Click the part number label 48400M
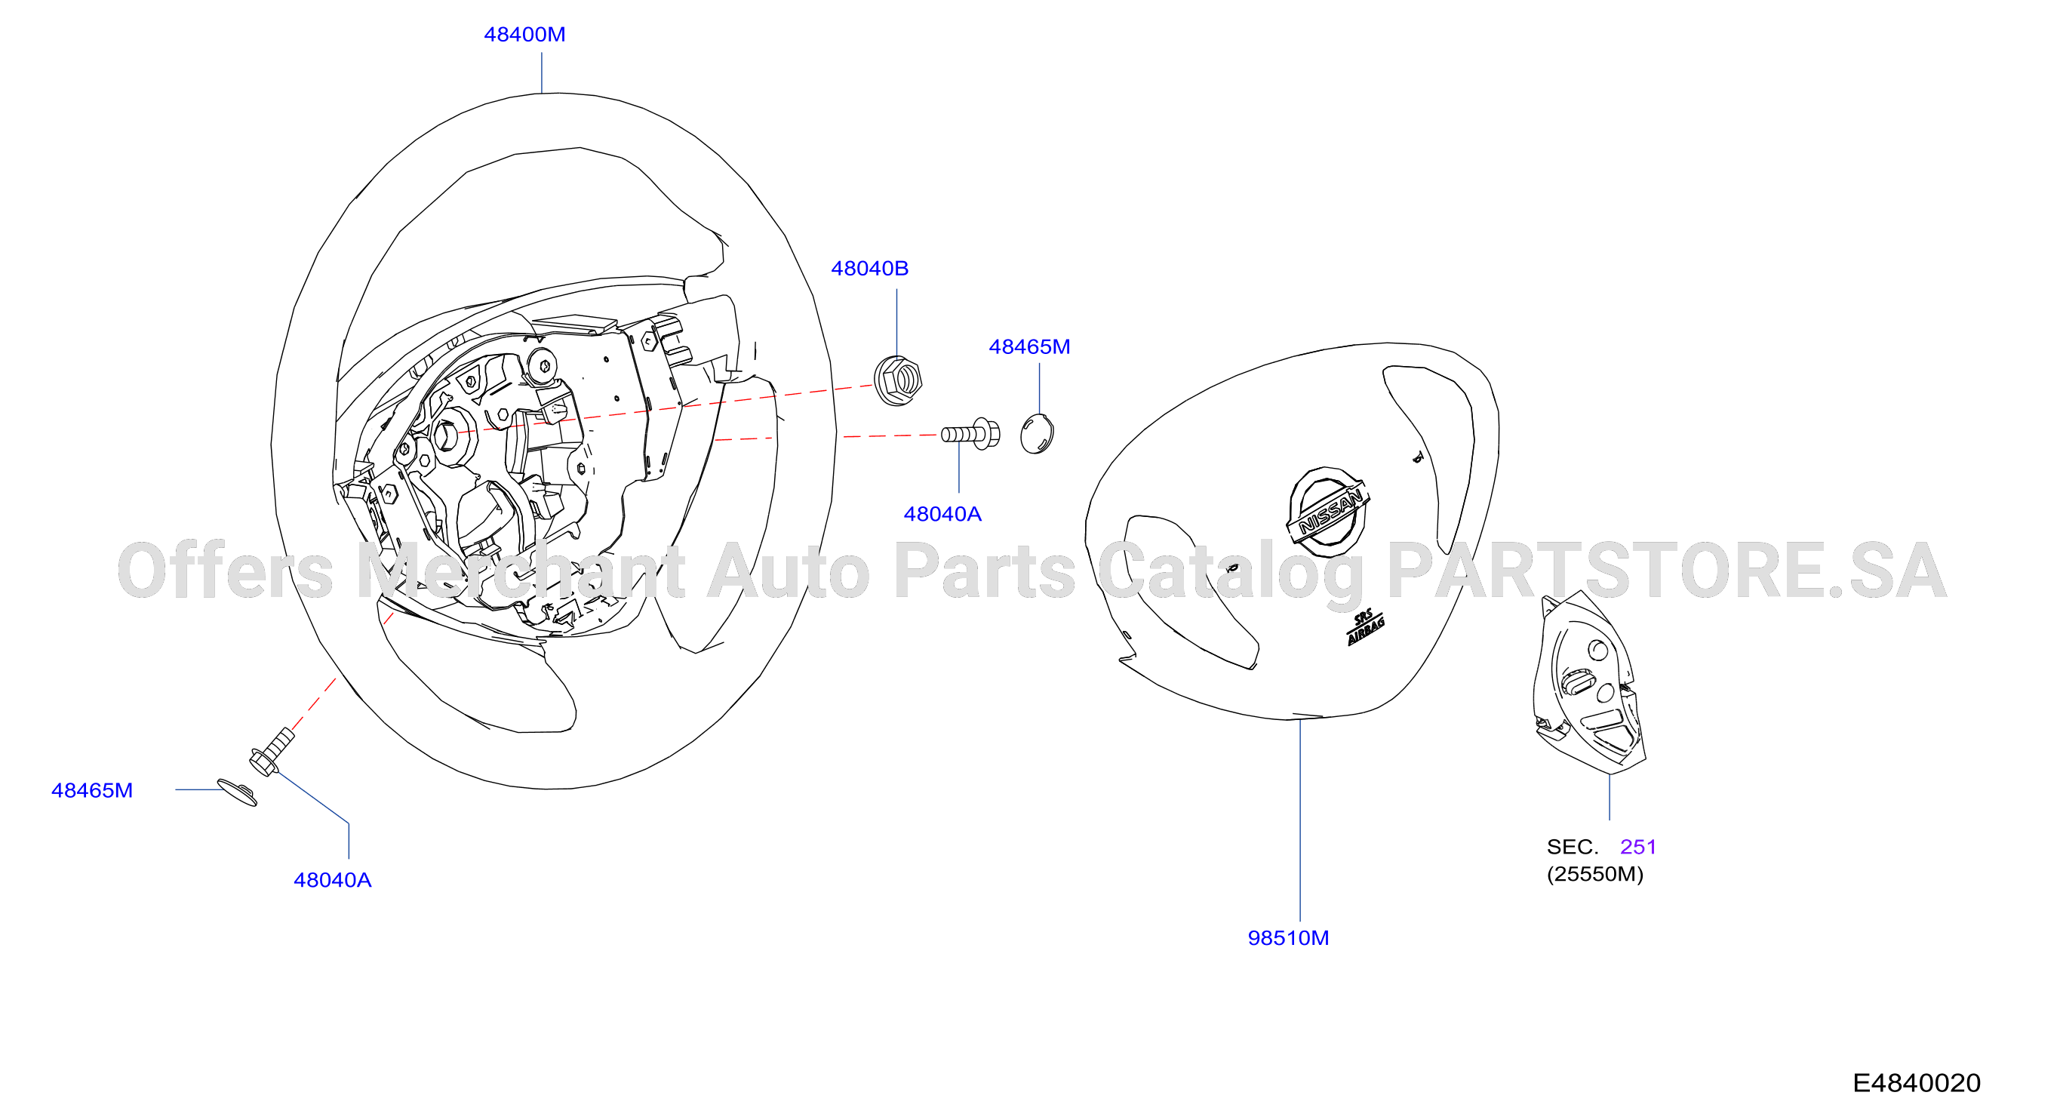pyautogui.click(x=524, y=35)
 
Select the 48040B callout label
pyautogui.click(x=869, y=268)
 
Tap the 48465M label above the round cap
pyautogui.click(x=1029, y=346)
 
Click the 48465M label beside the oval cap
pyautogui.click(x=92, y=790)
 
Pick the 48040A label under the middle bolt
pyautogui.click(x=942, y=514)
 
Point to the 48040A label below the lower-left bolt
pyautogui.click(x=333, y=880)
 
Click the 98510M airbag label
pyautogui.click(x=1288, y=937)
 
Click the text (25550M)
pyautogui.click(x=1595, y=874)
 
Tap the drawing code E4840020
pyautogui.click(x=1917, y=1083)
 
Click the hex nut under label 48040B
pyautogui.click(x=898, y=380)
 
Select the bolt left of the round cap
pyautogui.click(x=970, y=434)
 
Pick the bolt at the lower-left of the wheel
pyautogui.click(x=272, y=751)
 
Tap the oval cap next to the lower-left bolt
pyautogui.click(x=238, y=792)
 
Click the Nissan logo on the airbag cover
pyautogui.click(x=1327, y=511)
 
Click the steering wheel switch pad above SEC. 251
pyautogui.click(x=1588, y=682)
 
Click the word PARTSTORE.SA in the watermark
pyautogui.click(x=1667, y=571)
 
